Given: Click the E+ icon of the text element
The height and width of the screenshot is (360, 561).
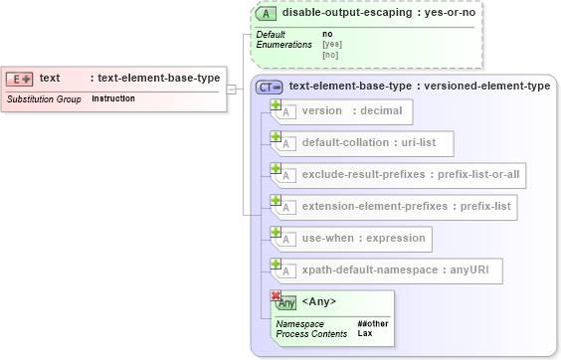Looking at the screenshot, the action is [x=20, y=79].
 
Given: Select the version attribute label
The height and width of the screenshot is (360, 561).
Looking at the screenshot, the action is [x=322, y=111].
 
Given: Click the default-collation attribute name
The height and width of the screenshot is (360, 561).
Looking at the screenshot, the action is [x=344, y=143].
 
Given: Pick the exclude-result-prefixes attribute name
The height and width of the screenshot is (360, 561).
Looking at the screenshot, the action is [x=365, y=175].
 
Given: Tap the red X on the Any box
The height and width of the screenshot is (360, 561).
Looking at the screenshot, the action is [x=276, y=295].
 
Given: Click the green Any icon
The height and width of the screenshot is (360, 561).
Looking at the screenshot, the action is [x=286, y=303].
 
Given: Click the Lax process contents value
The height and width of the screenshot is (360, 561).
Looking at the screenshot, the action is [x=364, y=333].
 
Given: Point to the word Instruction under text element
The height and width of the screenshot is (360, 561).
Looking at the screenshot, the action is [x=113, y=99].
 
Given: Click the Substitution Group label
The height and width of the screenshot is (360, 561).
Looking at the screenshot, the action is [x=44, y=99].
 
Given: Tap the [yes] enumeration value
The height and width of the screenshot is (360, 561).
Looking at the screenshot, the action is [x=331, y=45].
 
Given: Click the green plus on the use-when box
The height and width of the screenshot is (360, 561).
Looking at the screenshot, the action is [x=276, y=232].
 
